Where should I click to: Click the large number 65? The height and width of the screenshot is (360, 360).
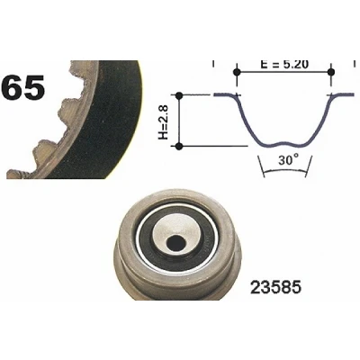pyautogui.click(x=22, y=87)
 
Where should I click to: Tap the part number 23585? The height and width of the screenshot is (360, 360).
pyautogui.click(x=275, y=288)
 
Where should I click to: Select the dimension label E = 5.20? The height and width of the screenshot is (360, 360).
pyautogui.click(x=284, y=64)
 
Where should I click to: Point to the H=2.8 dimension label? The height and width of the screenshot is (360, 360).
pyautogui.click(x=163, y=121)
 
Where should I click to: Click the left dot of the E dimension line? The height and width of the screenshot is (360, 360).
pyautogui.click(x=237, y=72)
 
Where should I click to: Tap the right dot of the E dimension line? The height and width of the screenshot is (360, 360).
pyautogui.click(x=331, y=72)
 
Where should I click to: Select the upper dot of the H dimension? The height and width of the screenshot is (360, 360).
pyautogui.click(x=179, y=95)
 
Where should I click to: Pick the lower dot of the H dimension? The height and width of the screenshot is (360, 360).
pyautogui.click(x=179, y=147)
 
